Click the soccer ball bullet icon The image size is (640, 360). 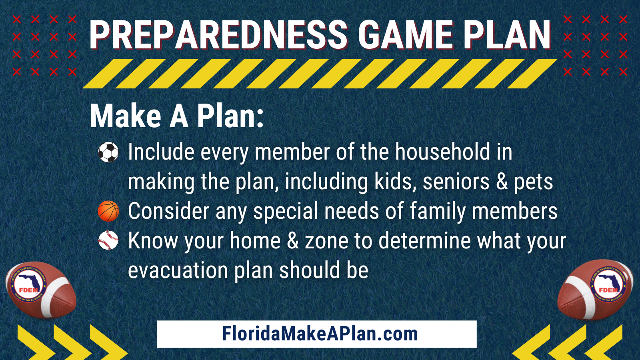108,152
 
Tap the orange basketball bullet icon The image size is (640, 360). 108,211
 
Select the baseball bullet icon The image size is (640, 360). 108,240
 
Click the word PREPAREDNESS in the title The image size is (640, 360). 218,35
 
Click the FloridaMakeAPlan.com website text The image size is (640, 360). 320,334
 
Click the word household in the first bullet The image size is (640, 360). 443,152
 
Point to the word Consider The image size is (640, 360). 168,211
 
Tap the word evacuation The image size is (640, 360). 178,270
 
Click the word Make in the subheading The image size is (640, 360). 126,116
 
